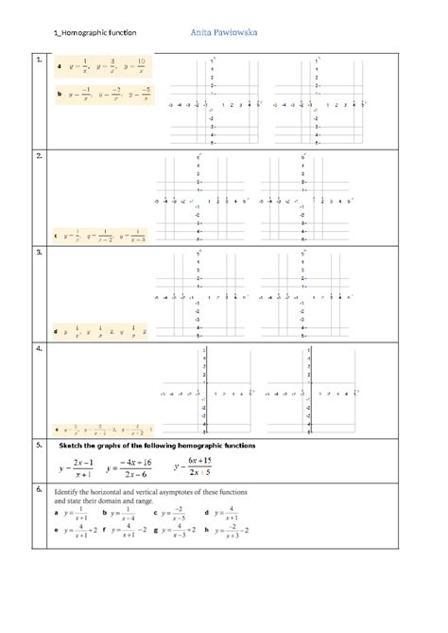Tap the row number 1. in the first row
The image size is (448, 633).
click(x=38, y=60)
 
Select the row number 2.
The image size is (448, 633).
click(x=38, y=153)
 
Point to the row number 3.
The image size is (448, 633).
click(x=38, y=254)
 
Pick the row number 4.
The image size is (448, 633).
click(x=38, y=349)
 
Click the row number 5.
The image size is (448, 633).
click(x=38, y=443)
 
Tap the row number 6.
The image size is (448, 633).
click(x=38, y=490)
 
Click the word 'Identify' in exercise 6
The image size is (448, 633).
click(x=73, y=493)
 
